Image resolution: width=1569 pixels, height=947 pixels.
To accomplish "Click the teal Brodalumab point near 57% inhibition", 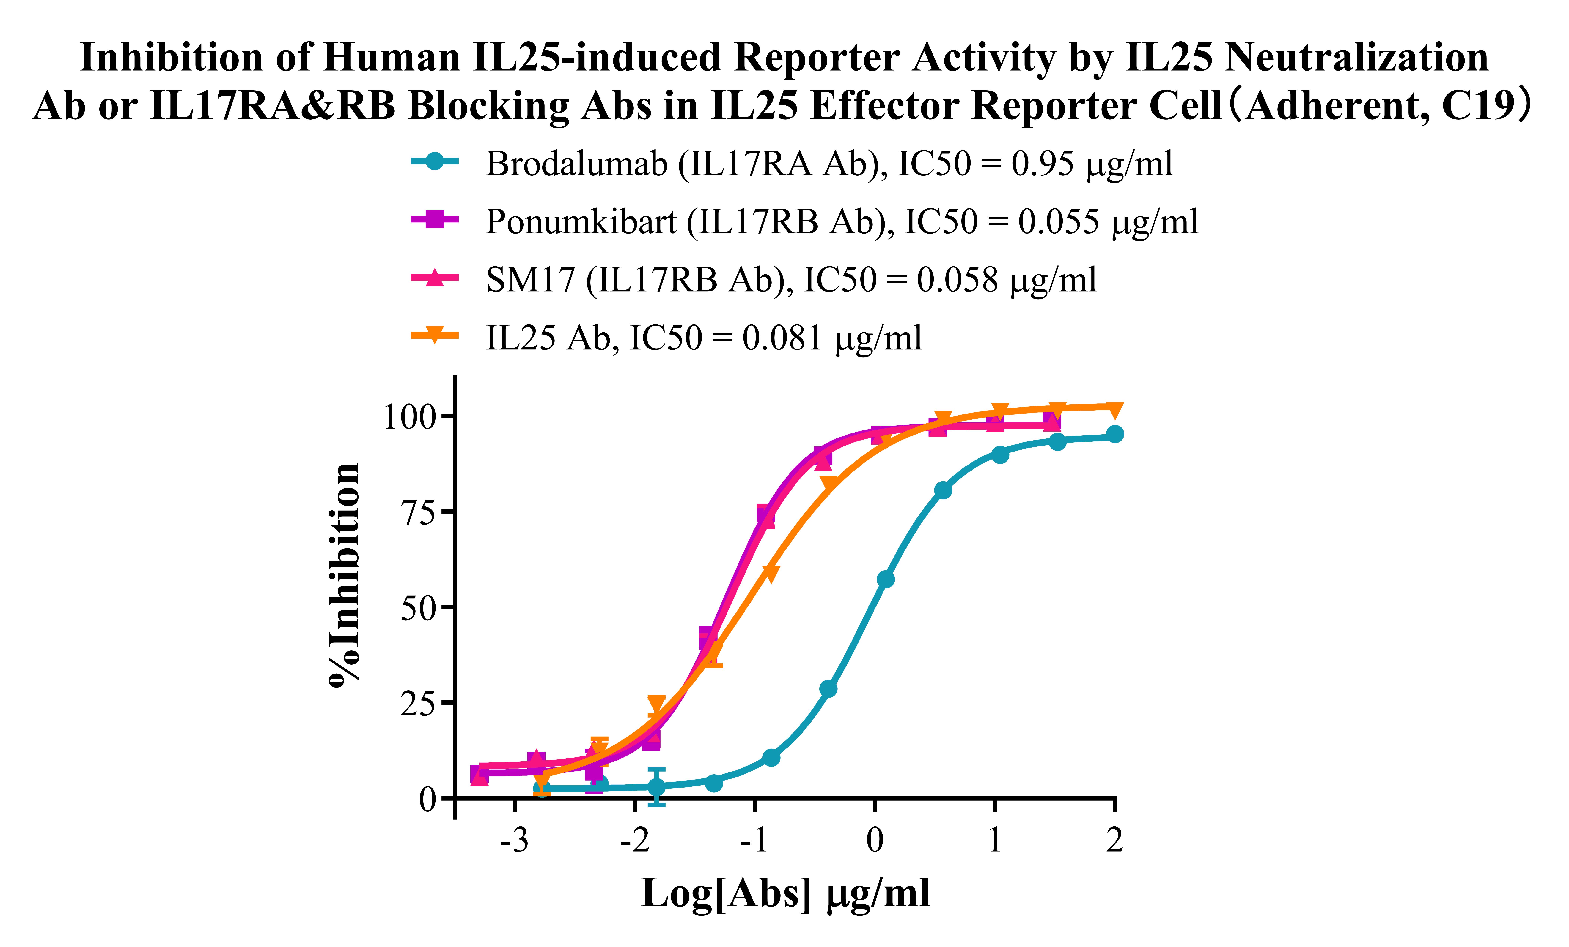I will [885, 579].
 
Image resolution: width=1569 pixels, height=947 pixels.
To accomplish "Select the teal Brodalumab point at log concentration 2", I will [1114, 435].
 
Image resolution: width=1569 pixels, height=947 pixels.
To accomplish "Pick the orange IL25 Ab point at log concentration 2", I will [1114, 409].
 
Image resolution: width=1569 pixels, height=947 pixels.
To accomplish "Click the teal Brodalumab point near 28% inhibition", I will [828, 689].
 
